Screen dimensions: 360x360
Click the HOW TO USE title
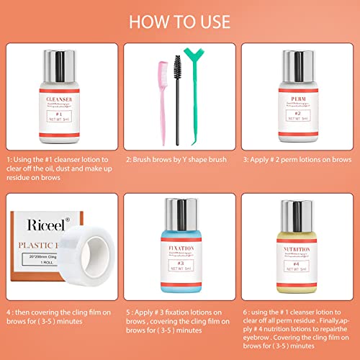tap(180, 20)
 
